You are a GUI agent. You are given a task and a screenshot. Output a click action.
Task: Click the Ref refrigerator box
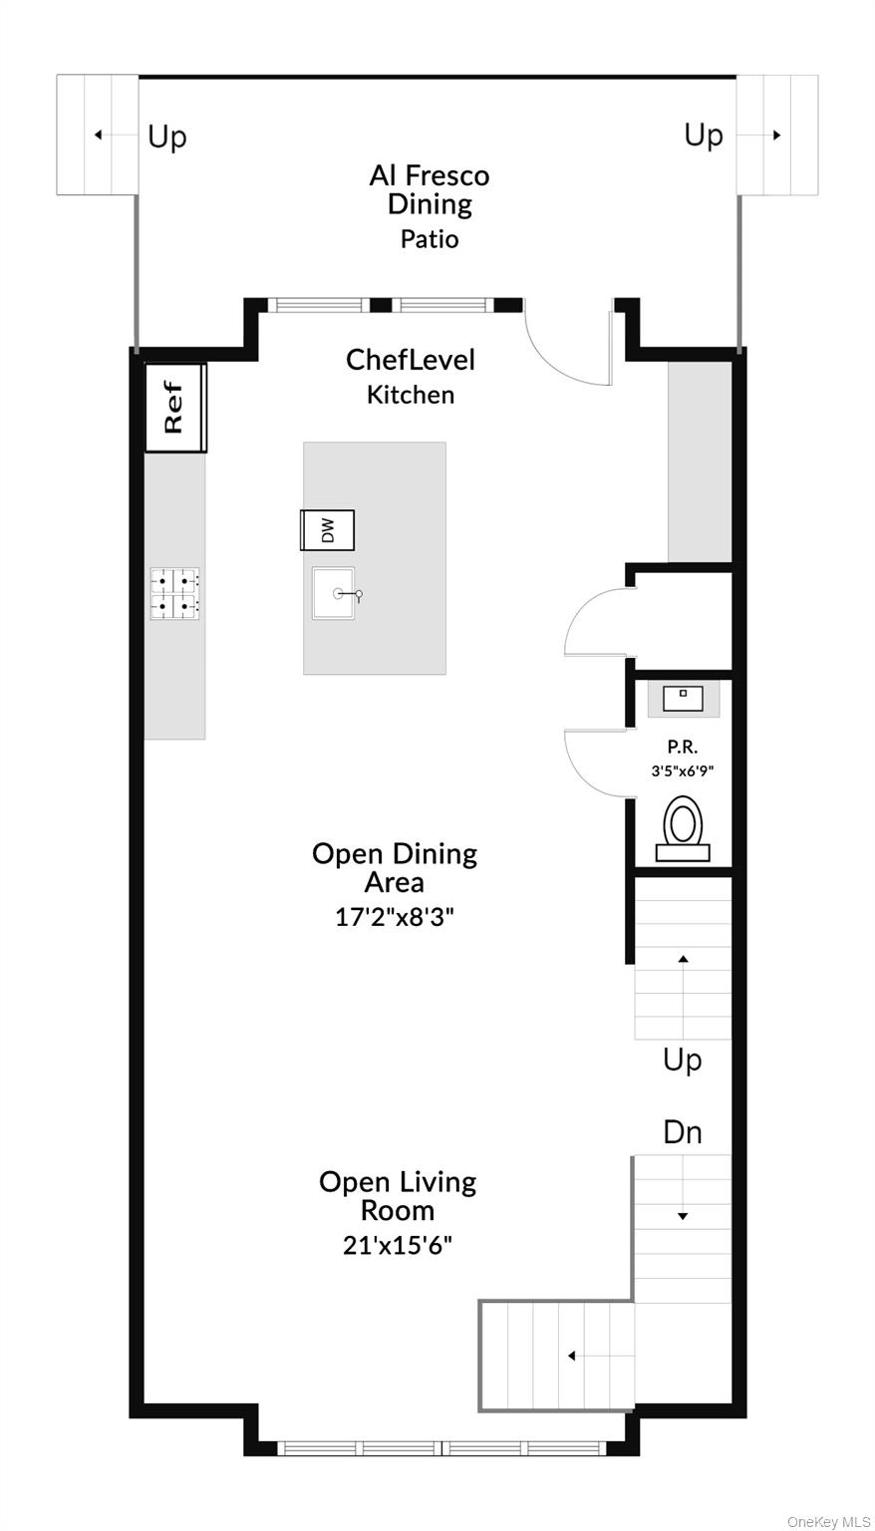[175, 408]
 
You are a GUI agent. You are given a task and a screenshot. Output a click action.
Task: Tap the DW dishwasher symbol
[328, 530]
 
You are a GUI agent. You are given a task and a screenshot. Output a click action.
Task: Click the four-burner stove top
[174, 593]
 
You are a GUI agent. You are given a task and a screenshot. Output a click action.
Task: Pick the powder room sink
[683, 699]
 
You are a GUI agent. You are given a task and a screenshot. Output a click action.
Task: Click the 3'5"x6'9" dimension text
[683, 770]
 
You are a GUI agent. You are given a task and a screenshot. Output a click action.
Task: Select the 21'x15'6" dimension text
[398, 1245]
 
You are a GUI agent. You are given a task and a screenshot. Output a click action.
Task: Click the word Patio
[430, 239]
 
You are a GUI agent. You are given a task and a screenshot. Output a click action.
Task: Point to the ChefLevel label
[411, 360]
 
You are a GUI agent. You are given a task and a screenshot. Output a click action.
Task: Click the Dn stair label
[683, 1132]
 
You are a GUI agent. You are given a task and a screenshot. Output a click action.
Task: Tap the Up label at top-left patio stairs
[167, 137]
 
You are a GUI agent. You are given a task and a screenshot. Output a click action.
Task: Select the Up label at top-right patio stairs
[704, 135]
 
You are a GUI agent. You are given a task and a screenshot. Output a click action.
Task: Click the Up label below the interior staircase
[683, 1060]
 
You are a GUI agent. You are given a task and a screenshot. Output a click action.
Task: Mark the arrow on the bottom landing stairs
[572, 1356]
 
